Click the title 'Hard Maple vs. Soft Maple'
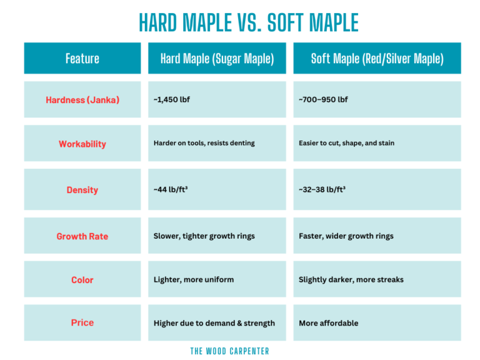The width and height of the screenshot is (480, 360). (248, 23)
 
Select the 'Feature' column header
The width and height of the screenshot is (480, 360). (82, 59)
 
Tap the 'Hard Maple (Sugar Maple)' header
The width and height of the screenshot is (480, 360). (217, 59)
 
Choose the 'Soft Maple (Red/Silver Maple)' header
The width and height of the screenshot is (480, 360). (377, 59)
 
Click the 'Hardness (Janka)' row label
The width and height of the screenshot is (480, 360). (82, 100)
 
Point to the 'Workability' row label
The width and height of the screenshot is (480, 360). (82, 144)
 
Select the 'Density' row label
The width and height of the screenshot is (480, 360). (82, 190)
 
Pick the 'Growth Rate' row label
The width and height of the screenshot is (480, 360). (82, 236)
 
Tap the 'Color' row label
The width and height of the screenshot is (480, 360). (82, 280)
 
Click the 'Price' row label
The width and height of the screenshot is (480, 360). (82, 322)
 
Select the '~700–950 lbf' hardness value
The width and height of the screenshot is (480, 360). (323, 100)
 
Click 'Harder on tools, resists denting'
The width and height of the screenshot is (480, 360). (204, 143)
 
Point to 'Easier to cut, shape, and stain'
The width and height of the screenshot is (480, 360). (346, 143)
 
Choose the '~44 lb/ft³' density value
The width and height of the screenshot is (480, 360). (171, 189)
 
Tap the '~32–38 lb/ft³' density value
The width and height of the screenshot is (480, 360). (322, 189)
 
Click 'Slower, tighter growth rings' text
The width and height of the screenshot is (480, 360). (204, 236)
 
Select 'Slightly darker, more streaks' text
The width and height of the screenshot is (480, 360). (351, 279)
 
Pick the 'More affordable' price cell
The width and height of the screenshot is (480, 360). (328, 323)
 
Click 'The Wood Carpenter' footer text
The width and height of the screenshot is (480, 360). (229, 351)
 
